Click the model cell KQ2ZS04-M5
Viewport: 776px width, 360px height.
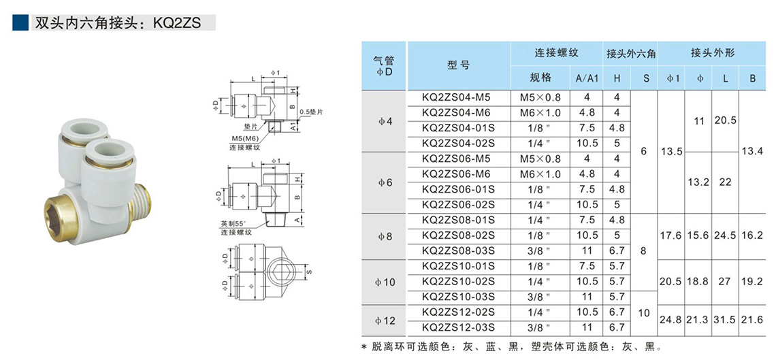click(x=457, y=97)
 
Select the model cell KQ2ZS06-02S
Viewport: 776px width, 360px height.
click(x=457, y=204)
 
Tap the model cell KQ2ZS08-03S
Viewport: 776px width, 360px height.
click(x=457, y=250)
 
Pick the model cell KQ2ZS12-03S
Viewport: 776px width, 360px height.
click(x=457, y=327)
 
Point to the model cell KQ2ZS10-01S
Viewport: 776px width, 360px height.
click(x=457, y=266)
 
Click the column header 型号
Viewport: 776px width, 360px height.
click(x=458, y=65)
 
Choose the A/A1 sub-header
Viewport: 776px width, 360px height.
click(x=587, y=78)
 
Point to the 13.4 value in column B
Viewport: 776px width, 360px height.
click(x=752, y=150)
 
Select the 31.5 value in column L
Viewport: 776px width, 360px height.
click(x=725, y=319)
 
